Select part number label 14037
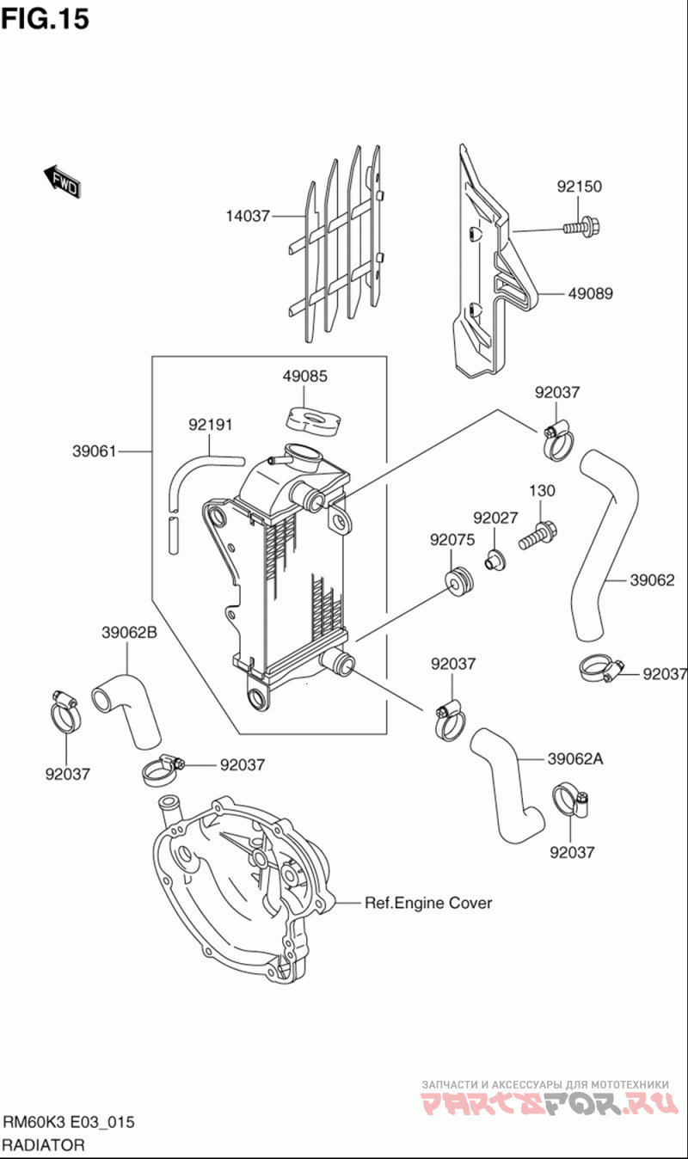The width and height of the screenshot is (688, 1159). pyautogui.click(x=249, y=217)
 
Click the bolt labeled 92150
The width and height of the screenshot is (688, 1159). pyautogui.click(x=582, y=228)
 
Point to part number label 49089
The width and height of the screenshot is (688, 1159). pyautogui.click(x=590, y=293)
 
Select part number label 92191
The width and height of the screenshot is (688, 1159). pyautogui.click(x=211, y=425)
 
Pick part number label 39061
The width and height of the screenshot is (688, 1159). pyautogui.click(x=95, y=451)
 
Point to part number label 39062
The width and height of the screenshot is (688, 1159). pyautogui.click(x=652, y=580)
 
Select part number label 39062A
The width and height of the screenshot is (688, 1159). pyautogui.click(x=575, y=758)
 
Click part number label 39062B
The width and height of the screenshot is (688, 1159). pyautogui.click(x=129, y=632)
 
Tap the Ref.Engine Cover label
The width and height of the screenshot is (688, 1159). pyautogui.click(x=428, y=903)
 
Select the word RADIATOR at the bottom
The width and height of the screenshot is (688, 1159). pyautogui.click(x=44, y=1145)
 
